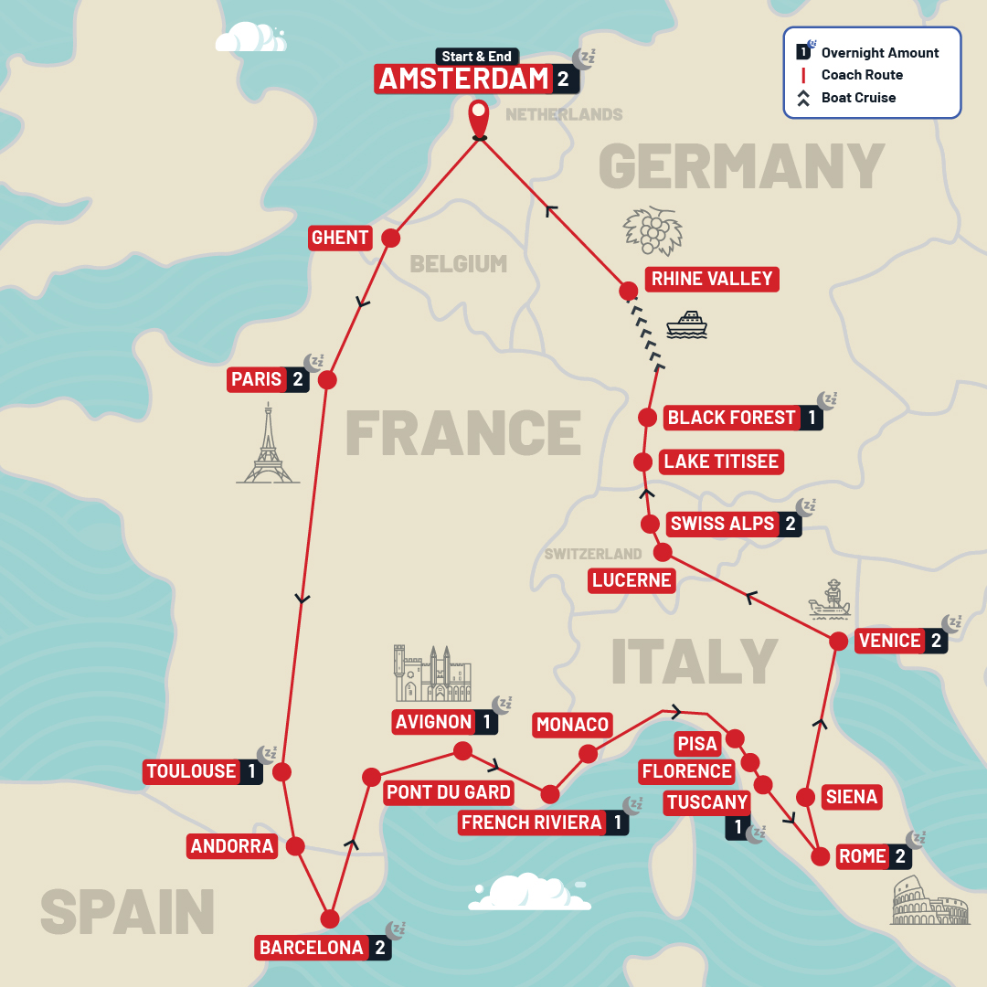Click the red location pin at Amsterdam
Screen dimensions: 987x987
(478, 118)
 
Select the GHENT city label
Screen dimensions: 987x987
(340, 238)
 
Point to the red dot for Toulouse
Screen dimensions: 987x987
(281, 771)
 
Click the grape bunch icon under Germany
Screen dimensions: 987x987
(653, 229)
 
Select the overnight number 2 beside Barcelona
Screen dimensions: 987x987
(380, 948)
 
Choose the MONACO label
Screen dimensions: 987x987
(572, 725)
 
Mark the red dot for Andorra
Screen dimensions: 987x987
(295, 846)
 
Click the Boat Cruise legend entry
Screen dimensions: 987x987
(858, 98)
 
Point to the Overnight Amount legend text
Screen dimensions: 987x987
(879, 53)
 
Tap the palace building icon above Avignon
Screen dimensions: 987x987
(432, 674)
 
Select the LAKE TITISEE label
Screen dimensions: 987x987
(721, 462)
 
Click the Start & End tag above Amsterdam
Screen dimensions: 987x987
(475, 57)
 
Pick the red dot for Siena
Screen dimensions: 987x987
(806, 796)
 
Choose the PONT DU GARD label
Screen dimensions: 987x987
(448, 791)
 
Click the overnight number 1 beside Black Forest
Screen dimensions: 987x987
(812, 418)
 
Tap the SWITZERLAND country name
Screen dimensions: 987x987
(593, 554)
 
